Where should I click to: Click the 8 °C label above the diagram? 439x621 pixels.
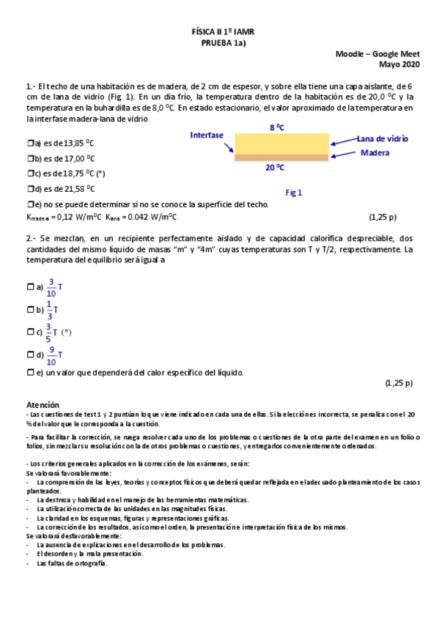(x=277, y=127)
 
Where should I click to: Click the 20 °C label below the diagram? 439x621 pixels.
(x=275, y=167)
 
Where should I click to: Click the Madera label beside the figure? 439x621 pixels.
(x=375, y=152)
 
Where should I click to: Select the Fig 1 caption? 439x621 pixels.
(x=295, y=193)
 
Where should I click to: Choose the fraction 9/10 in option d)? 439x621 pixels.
(x=51, y=355)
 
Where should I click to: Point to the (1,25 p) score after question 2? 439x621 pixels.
(x=399, y=383)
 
